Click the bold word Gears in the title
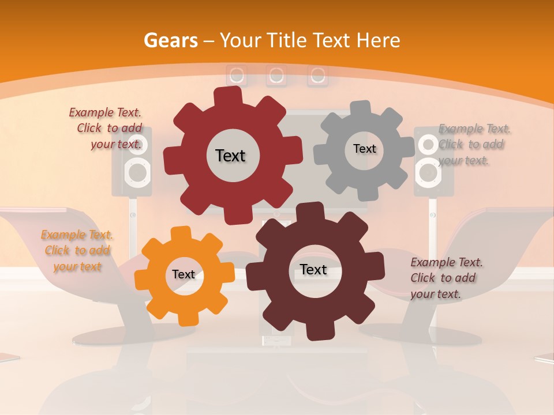tap(170, 40)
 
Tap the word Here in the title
tap(378, 40)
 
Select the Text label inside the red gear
tap(230, 156)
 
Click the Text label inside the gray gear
tap(364, 149)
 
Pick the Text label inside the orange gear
tap(184, 274)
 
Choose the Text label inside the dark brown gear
tap(313, 269)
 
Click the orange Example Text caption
tap(77, 251)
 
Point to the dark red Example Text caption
tap(106, 129)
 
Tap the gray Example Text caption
tap(473, 145)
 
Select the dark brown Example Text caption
tap(446, 278)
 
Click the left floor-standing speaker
tap(133, 164)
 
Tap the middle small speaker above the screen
tap(276, 75)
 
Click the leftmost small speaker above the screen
tap(236, 75)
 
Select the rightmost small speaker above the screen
tap(317, 75)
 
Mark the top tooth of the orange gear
tap(180, 233)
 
